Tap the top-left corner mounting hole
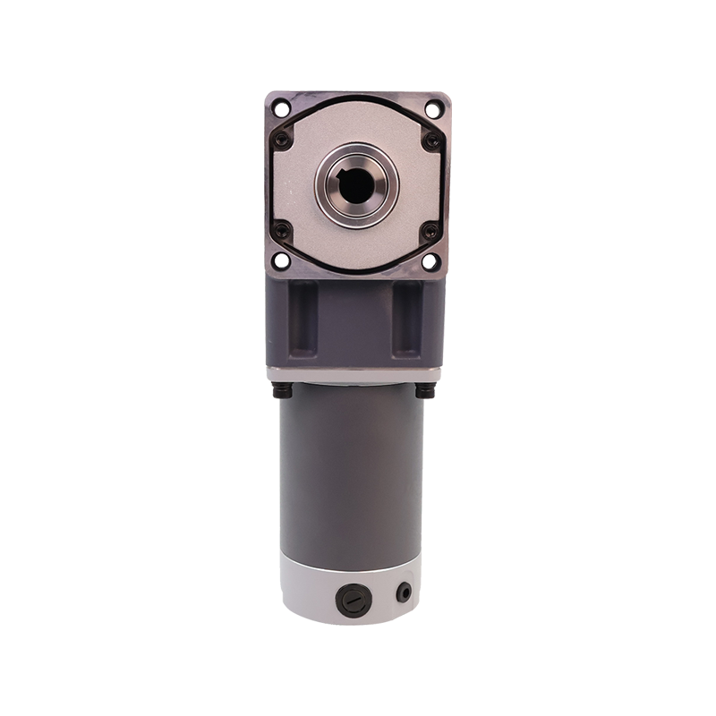point(282,110)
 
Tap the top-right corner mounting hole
point(433,110)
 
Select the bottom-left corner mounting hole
point(282,260)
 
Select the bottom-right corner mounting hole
point(431,260)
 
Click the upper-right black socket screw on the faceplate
point(431,141)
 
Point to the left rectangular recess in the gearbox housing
point(304,318)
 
